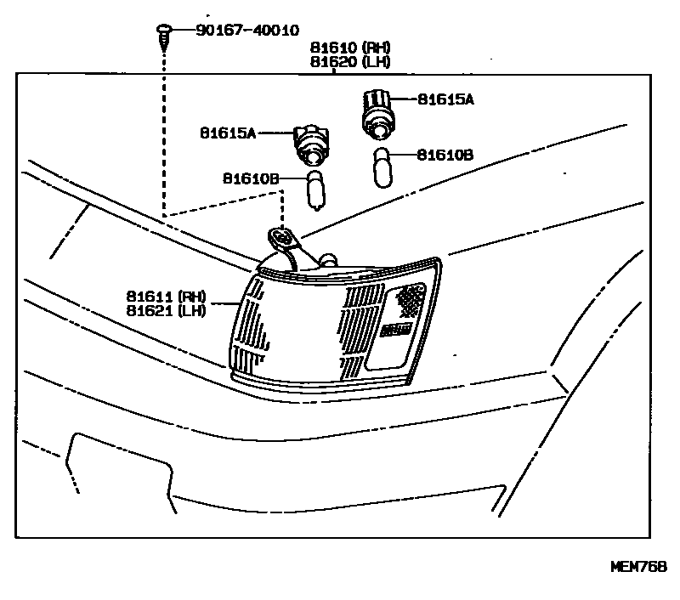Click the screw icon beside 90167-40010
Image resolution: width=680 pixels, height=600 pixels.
coord(164,33)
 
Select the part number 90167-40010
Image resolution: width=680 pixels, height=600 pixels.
coord(246,31)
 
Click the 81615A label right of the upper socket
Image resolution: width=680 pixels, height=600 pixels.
coord(445,99)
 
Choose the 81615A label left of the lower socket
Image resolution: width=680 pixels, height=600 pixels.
coord(228,133)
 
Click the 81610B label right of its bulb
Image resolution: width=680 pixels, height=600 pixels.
coord(445,155)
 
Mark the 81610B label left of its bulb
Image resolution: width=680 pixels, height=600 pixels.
coord(251,178)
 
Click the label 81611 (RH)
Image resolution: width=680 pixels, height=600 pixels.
coord(167,296)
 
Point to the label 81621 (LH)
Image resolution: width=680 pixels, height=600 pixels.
coord(167,310)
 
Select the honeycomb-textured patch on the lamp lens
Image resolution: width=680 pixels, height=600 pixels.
coord(409,299)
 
